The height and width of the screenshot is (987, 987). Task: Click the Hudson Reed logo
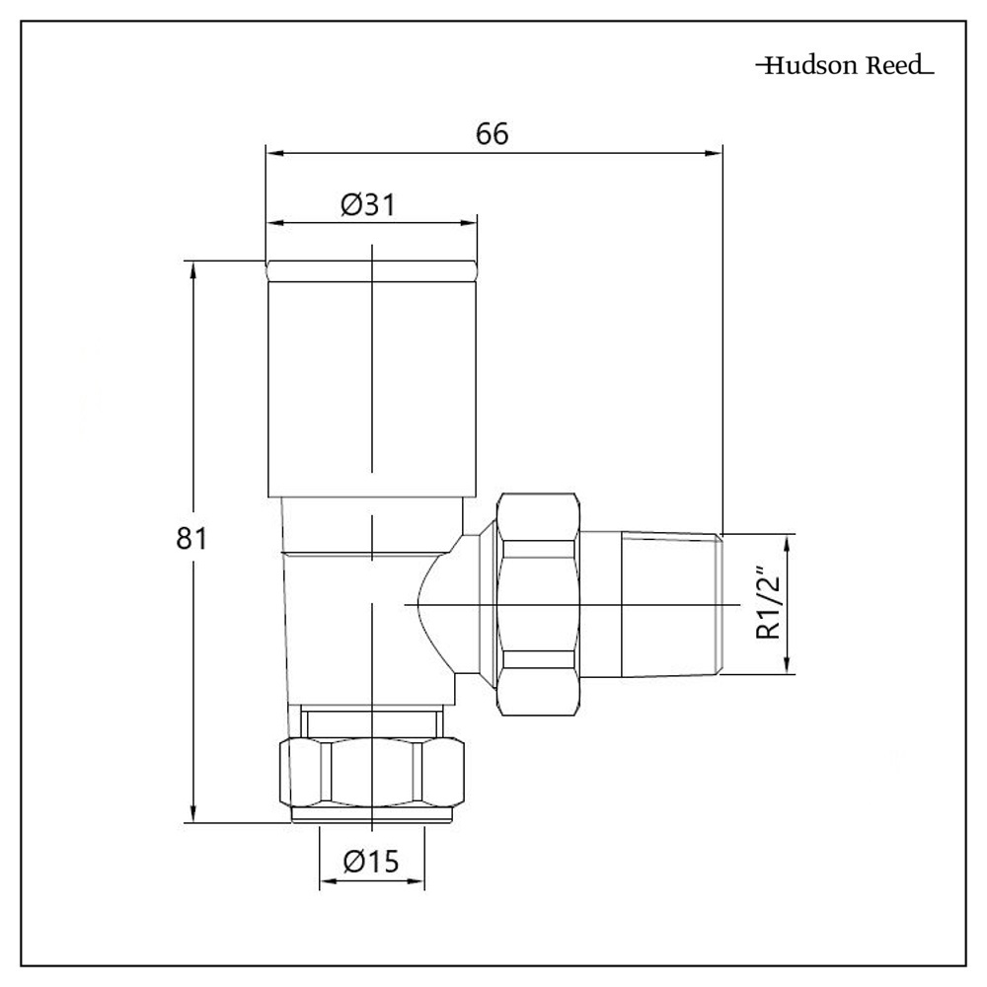pyautogui.click(x=844, y=66)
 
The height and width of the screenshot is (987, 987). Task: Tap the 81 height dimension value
pyautogui.click(x=190, y=539)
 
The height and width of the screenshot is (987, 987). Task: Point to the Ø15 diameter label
pyautogui.click(x=370, y=862)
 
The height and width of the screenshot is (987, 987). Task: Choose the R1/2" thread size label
pyautogui.click(x=769, y=604)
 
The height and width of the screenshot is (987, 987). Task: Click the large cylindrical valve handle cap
pyautogui.click(x=372, y=385)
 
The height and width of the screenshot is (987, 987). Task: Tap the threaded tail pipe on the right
pyautogui.click(x=671, y=604)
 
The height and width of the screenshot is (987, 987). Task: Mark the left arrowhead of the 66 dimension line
pyautogui.click(x=273, y=152)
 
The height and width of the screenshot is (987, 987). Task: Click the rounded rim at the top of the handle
pyautogui.click(x=372, y=269)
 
